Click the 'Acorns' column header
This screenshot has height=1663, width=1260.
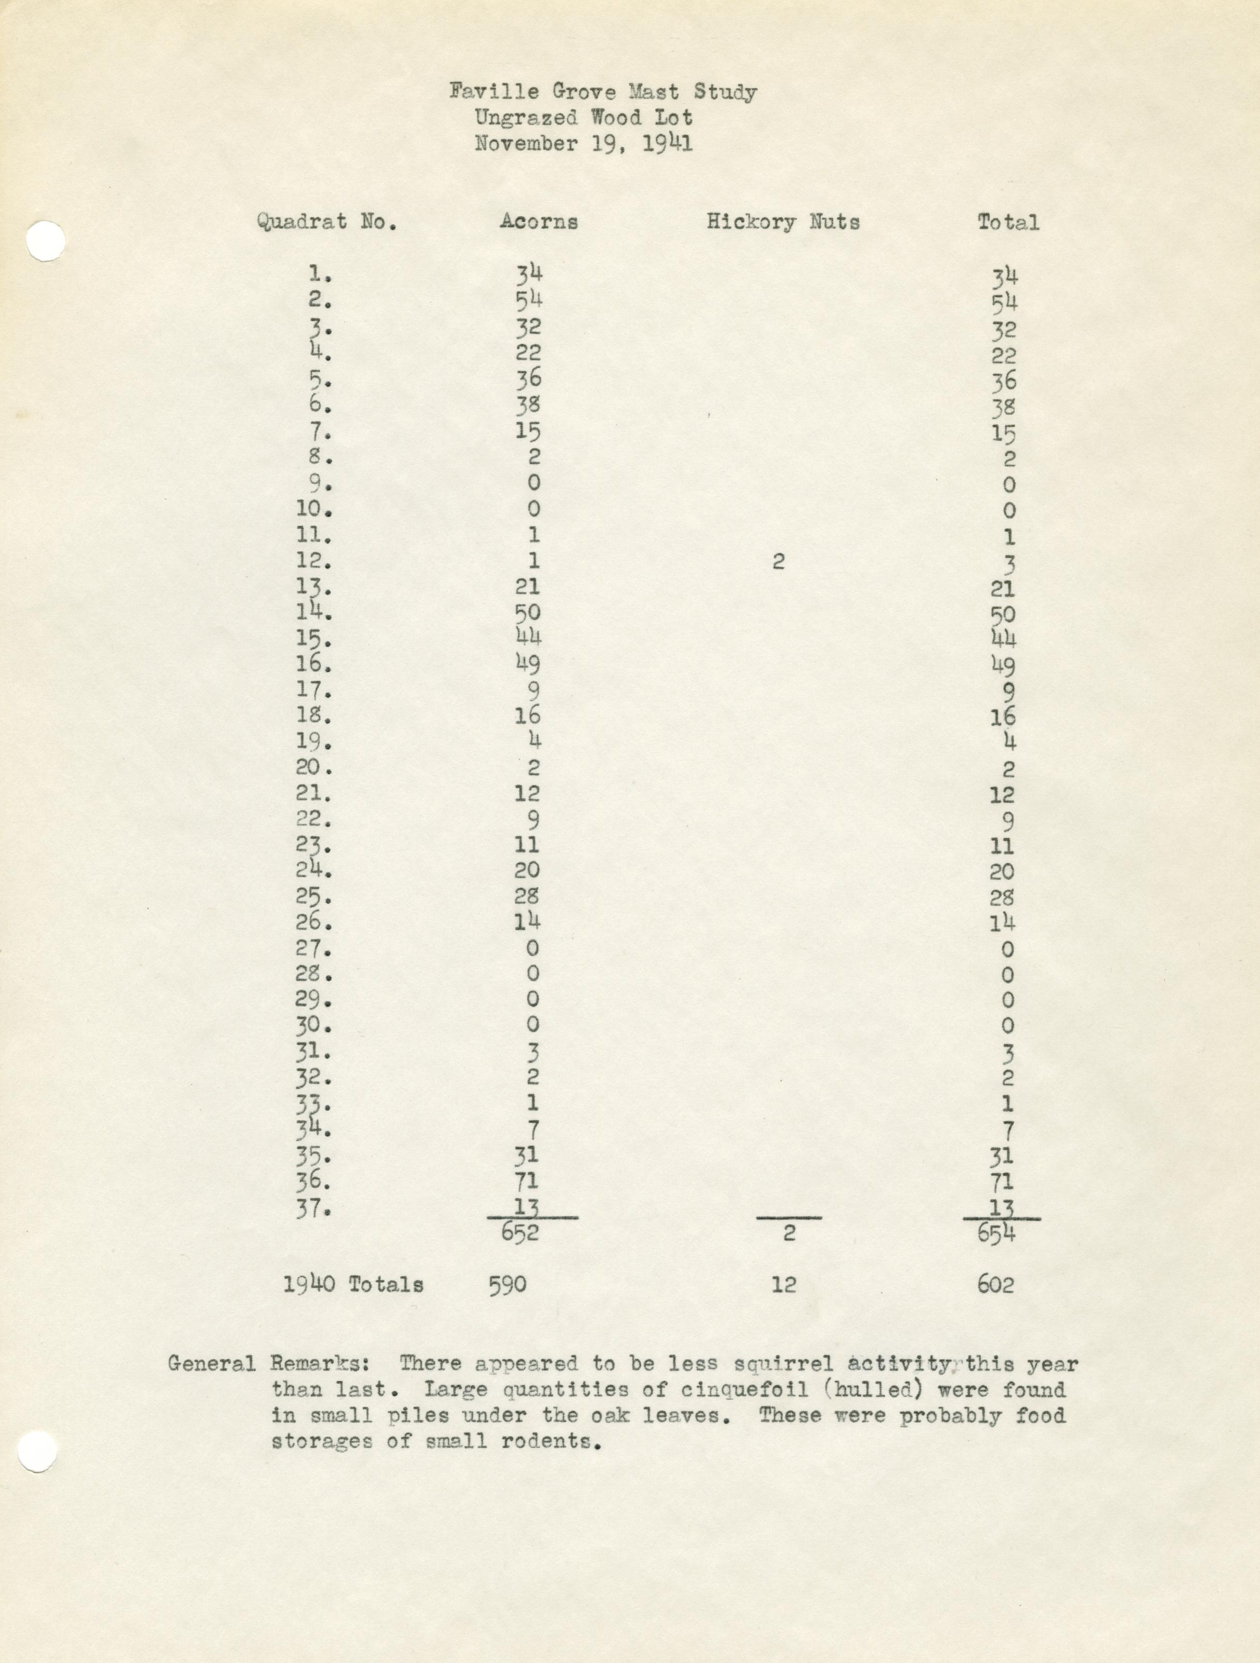[539, 222]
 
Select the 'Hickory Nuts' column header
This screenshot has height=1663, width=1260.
[782, 222]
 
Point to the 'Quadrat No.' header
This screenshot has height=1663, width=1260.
[326, 222]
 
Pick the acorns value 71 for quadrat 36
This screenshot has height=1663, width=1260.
[527, 1183]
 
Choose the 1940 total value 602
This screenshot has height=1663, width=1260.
[995, 1284]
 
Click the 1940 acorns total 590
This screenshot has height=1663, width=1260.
[508, 1284]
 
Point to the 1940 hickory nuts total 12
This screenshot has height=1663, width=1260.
[783, 1284]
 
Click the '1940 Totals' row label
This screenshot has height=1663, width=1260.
[353, 1284]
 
